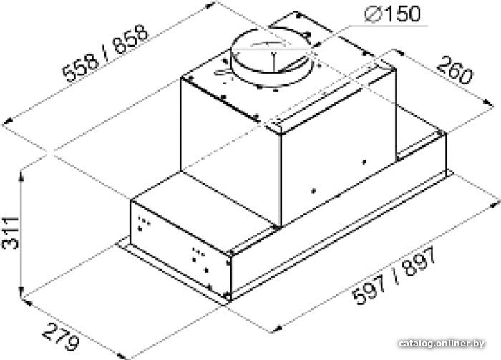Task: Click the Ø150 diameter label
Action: coord(392,14)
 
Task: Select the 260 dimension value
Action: coord(454,71)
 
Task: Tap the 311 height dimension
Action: coord(11,233)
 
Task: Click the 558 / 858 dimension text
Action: coord(105,54)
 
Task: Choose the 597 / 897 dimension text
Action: coord(394,276)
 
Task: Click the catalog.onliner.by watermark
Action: coord(442,344)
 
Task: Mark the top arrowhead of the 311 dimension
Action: coord(21,175)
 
